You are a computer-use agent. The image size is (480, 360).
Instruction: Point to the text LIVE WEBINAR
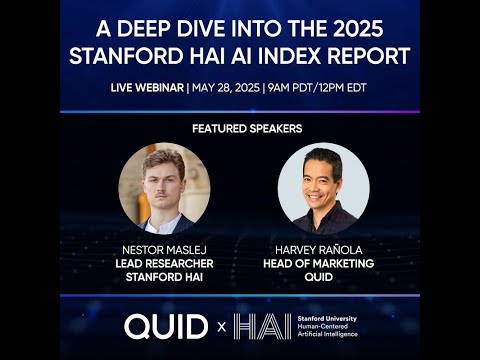pyautogui.click(x=147, y=88)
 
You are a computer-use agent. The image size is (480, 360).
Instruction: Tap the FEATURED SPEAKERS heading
pyautogui.click(x=240, y=130)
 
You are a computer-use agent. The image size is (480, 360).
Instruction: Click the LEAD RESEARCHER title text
pyautogui.click(x=163, y=262)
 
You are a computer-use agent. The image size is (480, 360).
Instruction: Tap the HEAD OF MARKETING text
pyautogui.click(x=322, y=262)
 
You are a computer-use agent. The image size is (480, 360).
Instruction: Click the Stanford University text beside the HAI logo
pyautogui.click(x=325, y=318)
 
